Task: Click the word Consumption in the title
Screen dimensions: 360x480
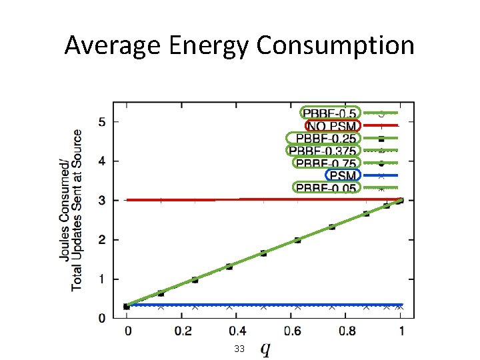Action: coord(335,45)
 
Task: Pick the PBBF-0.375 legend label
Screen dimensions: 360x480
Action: coord(321,151)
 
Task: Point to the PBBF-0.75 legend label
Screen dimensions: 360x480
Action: coord(325,163)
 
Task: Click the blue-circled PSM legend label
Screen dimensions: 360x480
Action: coord(343,175)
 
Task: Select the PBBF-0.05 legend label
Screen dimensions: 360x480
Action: coord(325,188)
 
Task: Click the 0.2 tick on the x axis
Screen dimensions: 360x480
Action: coord(182,331)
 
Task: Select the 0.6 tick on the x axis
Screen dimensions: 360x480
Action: coord(291,331)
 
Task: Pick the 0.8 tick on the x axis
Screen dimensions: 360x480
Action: coord(346,331)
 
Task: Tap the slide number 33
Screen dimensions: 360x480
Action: coord(239,349)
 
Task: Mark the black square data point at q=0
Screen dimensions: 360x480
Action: coord(127,307)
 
